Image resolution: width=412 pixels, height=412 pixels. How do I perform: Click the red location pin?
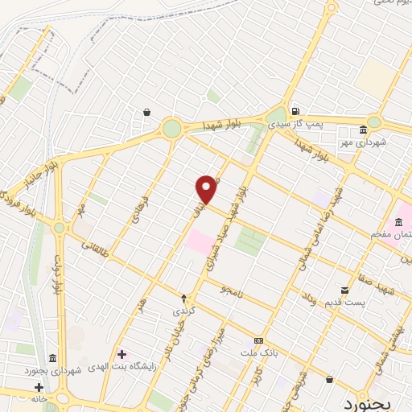(x=207, y=189)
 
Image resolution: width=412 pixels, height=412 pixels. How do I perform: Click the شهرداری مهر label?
(x=363, y=142)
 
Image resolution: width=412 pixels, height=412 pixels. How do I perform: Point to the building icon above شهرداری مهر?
(x=363, y=130)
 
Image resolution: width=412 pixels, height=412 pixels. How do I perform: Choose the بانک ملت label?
(x=258, y=352)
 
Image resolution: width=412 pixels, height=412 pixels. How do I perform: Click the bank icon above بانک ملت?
(x=258, y=340)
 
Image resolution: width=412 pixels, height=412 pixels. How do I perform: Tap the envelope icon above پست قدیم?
(x=344, y=289)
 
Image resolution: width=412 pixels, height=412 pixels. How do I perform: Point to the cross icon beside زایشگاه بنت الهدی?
(x=122, y=354)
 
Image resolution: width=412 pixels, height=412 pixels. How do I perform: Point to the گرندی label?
(x=183, y=311)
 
